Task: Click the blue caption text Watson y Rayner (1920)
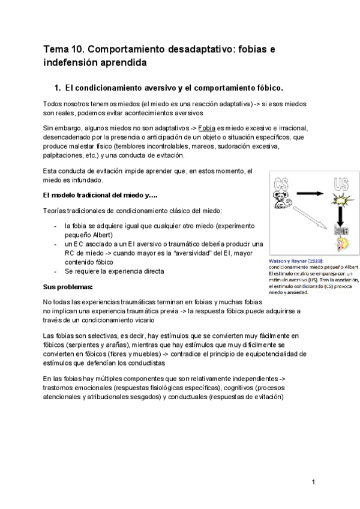pos(296,262)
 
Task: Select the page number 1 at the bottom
pos(313,482)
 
